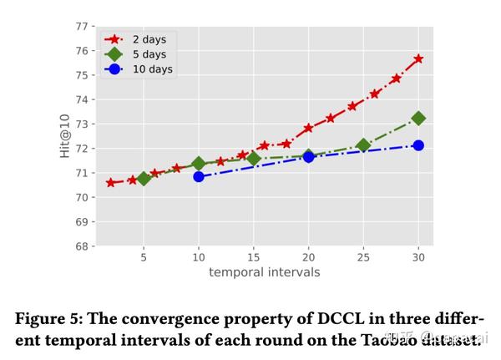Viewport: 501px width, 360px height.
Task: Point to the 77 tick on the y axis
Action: (x=81, y=26)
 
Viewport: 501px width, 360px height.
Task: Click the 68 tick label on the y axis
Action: (x=81, y=246)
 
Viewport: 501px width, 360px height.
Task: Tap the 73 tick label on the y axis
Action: (x=81, y=124)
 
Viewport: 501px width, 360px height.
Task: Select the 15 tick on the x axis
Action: (x=253, y=257)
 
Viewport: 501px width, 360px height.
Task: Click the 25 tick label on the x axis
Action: (x=363, y=257)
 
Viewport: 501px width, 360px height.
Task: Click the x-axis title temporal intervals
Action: (x=264, y=271)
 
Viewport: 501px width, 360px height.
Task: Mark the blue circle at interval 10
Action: (x=199, y=176)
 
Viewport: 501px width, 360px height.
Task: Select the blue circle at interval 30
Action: (x=418, y=145)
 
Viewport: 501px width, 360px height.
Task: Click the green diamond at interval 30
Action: (x=418, y=119)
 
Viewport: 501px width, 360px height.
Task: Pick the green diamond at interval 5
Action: (x=144, y=178)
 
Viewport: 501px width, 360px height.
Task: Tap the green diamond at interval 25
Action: (x=363, y=145)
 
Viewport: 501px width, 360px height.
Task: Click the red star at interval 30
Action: (x=418, y=58)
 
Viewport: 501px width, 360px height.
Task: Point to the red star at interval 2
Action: (x=111, y=182)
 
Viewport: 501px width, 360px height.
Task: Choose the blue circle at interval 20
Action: (x=308, y=156)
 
